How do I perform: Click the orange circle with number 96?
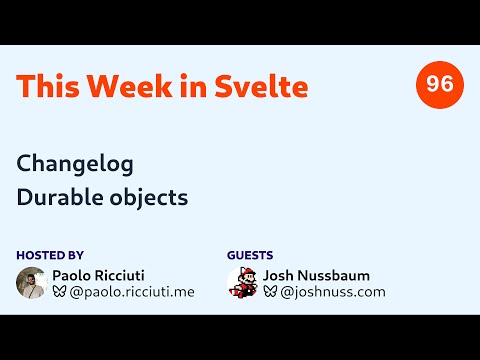click(439, 85)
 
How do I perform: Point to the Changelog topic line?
click(75, 162)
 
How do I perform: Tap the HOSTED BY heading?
click(50, 255)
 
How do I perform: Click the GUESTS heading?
click(250, 255)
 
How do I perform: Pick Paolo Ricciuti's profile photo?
click(32, 282)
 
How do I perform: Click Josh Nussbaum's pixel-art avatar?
click(242, 282)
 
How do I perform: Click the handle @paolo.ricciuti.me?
click(131, 292)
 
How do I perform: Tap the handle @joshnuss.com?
click(332, 292)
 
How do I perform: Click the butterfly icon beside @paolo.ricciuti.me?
click(59, 292)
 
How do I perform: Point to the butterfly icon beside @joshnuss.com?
click(270, 292)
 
